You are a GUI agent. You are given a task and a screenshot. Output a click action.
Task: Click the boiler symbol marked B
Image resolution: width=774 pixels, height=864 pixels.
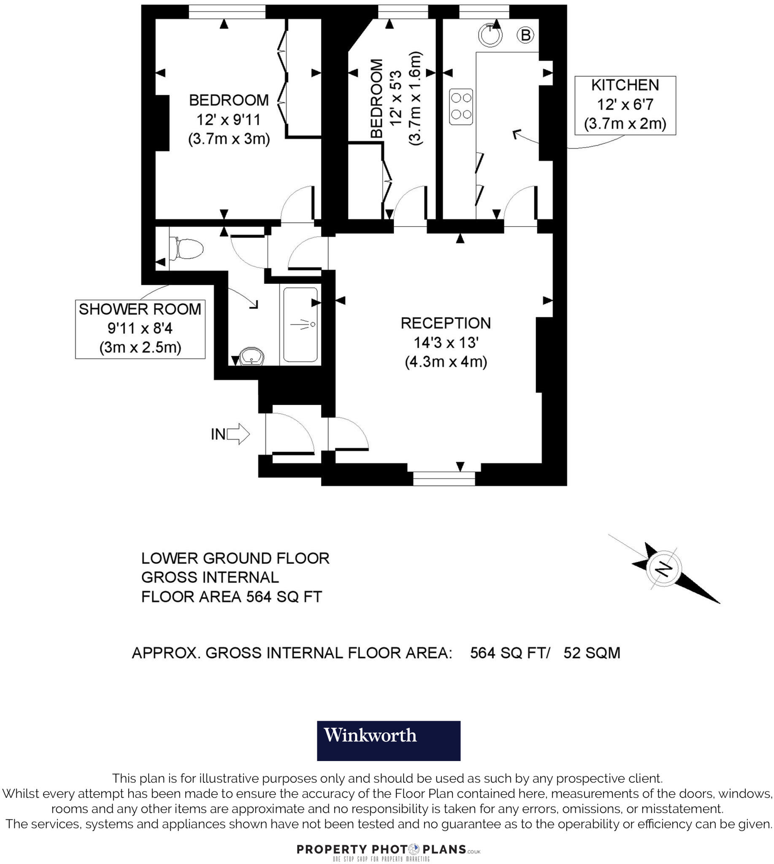(x=526, y=35)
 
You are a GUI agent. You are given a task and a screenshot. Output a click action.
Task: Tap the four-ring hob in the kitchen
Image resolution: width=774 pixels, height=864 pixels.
(x=461, y=107)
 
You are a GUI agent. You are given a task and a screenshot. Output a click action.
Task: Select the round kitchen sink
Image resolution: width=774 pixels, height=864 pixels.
(x=490, y=35)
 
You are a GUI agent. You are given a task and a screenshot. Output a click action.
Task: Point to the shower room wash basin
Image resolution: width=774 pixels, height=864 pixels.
(x=252, y=356)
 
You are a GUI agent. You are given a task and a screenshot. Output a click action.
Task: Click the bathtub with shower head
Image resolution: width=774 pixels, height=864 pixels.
(x=300, y=324)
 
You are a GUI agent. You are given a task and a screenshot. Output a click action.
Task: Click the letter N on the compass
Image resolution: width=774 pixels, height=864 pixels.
(x=663, y=569)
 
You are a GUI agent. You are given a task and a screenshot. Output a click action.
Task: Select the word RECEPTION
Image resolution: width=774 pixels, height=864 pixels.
(x=445, y=323)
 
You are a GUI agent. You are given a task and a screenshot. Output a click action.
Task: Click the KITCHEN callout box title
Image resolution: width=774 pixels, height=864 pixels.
(x=625, y=86)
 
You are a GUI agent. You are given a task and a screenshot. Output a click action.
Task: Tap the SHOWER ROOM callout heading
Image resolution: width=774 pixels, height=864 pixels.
(x=140, y=309)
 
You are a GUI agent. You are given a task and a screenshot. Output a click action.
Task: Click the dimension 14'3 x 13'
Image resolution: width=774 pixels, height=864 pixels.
(x=445, y=342)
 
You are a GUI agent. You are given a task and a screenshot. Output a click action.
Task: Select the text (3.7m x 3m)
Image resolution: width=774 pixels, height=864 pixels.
(x=229, y=139)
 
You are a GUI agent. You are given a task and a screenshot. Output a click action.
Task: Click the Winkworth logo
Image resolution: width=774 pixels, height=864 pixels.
(x=388, y=741)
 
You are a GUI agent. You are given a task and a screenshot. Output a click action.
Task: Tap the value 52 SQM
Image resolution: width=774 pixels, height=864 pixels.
(x=592, y=653)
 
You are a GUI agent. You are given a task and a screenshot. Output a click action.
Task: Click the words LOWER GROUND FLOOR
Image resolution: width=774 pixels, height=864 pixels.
(x=235, y=558)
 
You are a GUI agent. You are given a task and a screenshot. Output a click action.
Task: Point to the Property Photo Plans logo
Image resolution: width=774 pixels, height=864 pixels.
(x=388, y=850)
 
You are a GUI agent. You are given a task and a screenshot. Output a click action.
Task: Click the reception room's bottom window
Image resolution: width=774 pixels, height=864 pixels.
(x=444, y=479)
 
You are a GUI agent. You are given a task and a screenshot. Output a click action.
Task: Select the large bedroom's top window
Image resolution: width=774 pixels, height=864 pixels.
(x=227, y=12)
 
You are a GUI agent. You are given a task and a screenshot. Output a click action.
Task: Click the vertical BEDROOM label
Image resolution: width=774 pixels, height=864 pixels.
(x=377, y=99)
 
